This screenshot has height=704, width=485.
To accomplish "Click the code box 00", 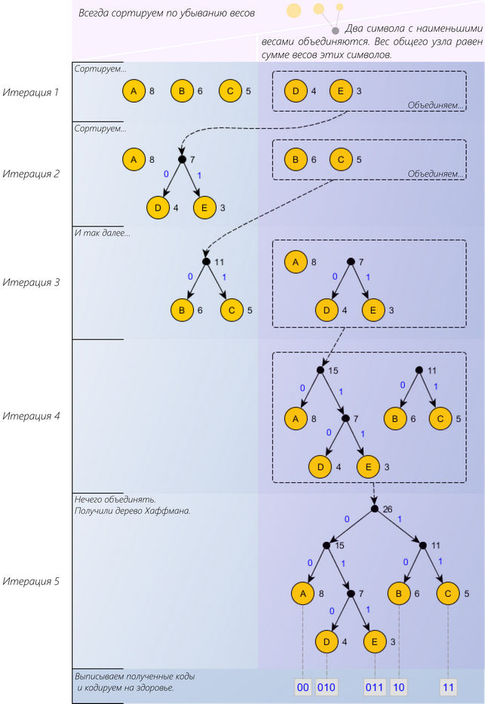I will (302, 687).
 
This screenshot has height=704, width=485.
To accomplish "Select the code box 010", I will (327, 687).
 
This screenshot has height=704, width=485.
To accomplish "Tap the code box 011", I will (374, 687).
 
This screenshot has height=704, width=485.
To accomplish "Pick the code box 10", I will (400, 687).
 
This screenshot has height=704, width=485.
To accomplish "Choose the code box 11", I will (449, 687).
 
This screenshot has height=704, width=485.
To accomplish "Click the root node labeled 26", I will (374, 509).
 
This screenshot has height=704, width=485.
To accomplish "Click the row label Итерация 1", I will (30, 92).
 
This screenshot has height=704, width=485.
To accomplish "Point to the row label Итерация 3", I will (30, 282).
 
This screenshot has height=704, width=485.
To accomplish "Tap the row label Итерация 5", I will (30, 582).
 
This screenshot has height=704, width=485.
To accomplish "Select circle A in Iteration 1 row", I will (134, 92).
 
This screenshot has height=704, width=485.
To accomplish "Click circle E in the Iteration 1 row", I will (341, 92).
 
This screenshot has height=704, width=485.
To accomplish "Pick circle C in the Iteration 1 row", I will (230, 92).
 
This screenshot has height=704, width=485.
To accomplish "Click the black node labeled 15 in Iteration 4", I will (320, 370).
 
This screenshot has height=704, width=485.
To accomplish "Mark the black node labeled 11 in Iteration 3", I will (205, 262).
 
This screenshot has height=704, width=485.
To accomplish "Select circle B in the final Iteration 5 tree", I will (400, 594).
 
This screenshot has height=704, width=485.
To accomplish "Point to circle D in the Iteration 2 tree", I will (158, 208).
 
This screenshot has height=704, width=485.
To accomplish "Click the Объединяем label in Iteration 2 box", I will (435, 174).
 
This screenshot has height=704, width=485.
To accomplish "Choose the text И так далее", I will (102, 233).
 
